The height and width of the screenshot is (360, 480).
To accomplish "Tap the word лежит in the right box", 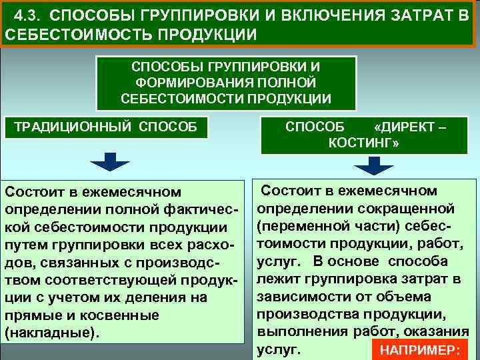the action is [276, 279].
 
